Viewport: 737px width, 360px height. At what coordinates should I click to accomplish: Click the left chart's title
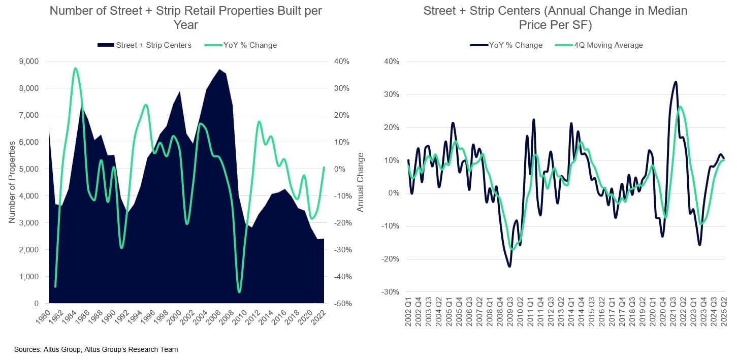(185, 18)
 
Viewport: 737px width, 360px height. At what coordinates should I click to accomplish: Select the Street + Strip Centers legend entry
(145, 45)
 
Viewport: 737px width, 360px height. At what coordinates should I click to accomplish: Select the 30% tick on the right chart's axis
(391, 94)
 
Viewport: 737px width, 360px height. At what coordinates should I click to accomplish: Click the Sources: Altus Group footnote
(96, 349)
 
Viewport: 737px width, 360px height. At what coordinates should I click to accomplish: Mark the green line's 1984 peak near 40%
(75, 68)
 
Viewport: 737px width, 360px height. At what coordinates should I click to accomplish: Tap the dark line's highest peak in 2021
(675, 82)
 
